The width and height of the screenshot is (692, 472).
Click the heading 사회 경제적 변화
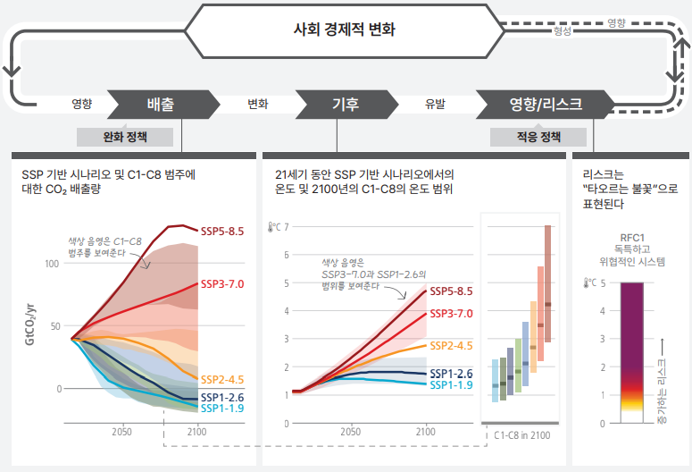(x=345, y=29)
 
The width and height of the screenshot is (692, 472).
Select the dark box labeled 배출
(x=161, y=104)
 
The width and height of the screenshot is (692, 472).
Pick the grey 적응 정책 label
(x=538, y=137)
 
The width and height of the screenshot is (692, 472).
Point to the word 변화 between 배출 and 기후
(x=258, y=104)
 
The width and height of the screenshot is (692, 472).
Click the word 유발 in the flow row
(x=435, y=104)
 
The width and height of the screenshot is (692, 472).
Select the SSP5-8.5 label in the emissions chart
(x=222, y=232)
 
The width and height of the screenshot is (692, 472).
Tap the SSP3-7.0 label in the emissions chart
(x=222, y=283)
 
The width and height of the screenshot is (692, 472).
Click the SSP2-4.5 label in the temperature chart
(x=452, y=345)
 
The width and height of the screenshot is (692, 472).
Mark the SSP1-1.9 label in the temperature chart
(x=452, y=385)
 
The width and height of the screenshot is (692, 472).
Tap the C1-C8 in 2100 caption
(x=521, y=434)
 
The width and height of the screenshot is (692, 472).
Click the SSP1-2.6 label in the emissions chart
(x=222, y=396)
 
